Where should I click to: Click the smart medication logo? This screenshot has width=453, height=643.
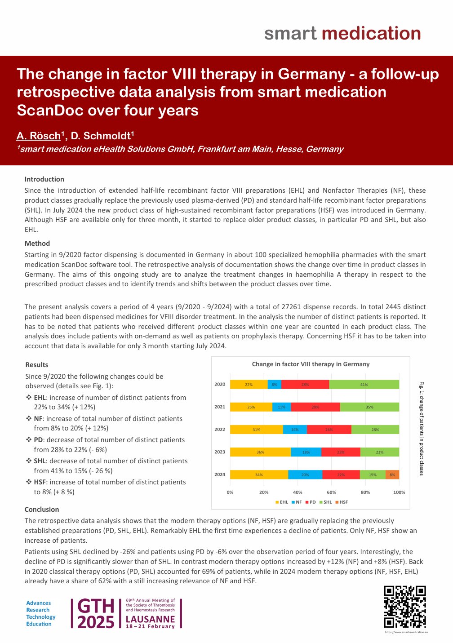(342, 34)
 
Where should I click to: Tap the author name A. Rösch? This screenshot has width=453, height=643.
(38, 136)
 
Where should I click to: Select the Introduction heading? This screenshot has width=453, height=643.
(44, 179)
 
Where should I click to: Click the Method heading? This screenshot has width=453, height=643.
(37, 244)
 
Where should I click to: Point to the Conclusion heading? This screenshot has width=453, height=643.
(42, 510)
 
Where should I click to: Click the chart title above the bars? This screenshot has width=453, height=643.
(311, 364)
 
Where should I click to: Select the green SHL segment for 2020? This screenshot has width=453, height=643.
(364, 385)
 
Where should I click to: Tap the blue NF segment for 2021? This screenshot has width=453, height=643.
(281, 407)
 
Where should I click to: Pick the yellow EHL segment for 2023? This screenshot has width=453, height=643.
(260, 452)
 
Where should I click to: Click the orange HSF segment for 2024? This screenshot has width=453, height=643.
(392, 474)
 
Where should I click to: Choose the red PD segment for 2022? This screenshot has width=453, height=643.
(329, 430)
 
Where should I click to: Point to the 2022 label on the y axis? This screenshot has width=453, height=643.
(220, 430)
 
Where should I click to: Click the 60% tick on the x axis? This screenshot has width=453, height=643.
(331, 492)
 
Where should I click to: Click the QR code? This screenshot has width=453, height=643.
(404, 607)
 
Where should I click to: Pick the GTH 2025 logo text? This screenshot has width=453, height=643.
(96, 614)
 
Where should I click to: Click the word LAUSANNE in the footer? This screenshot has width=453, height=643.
(150, 619)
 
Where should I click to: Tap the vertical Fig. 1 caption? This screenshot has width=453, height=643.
(422, 428)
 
